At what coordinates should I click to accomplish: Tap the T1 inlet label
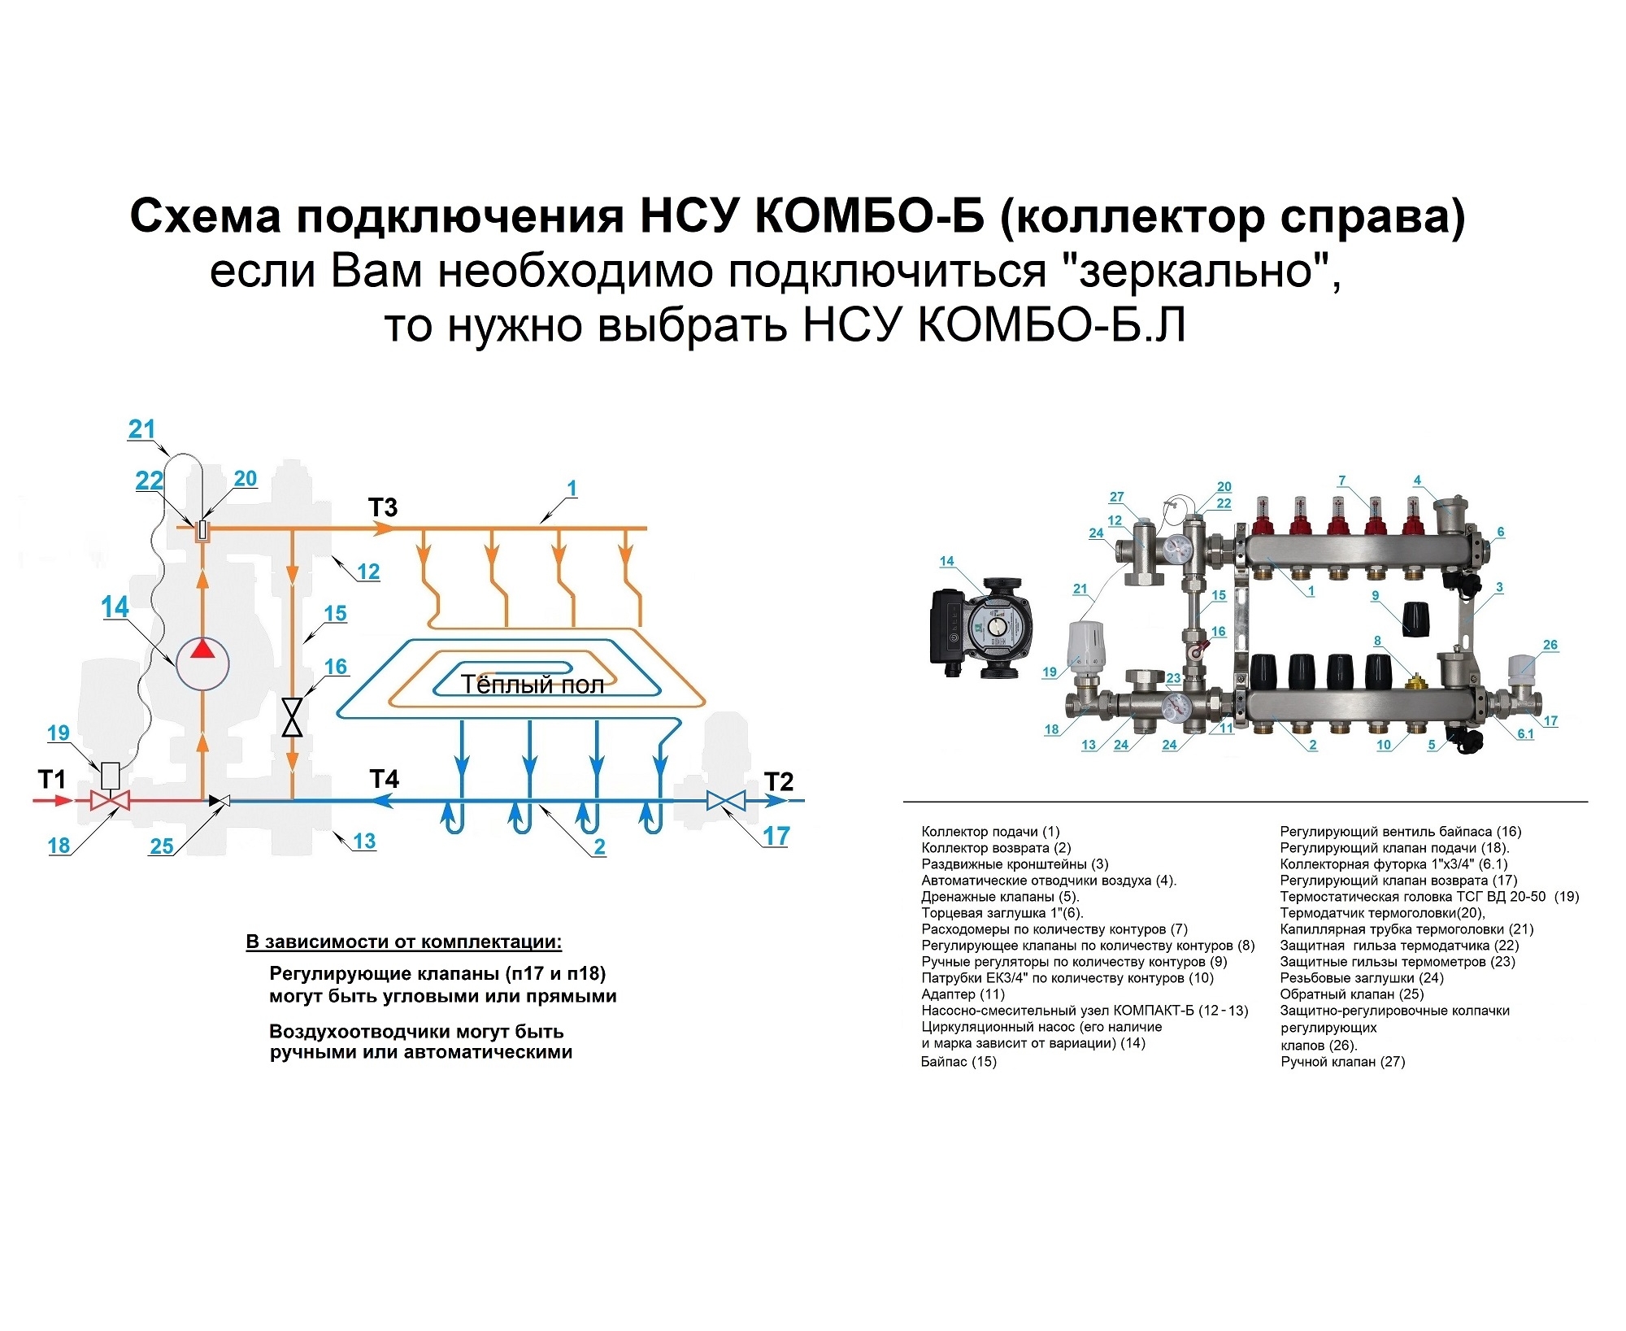pyautogui.click(x=52, y=781)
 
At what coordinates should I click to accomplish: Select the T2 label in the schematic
pyautogui.click(x=778, y=782)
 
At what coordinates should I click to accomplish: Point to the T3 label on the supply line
pyautogui.click(x=383, y=508)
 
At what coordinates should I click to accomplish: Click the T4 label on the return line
pyautogui.click(x=385, y=780)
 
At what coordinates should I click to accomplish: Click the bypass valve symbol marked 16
pyautogui.click(x=292, y=718)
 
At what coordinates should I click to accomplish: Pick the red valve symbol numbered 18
pyautogui.click(x=110, y=801)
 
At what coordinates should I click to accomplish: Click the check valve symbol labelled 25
pyautogui.click(x=220, y=801)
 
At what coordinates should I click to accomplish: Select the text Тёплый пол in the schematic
pyautogui.click(x=533, y=685)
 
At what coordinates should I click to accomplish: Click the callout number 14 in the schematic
pyautogui.click(x=115, y=607)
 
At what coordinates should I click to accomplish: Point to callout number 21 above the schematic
pyautogui.click(x=141, y=429)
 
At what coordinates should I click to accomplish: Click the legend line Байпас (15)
pyautogui.click(x=959, y=1062)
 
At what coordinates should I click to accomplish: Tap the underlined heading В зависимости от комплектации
pyautogui.click(x=404, y=942)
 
